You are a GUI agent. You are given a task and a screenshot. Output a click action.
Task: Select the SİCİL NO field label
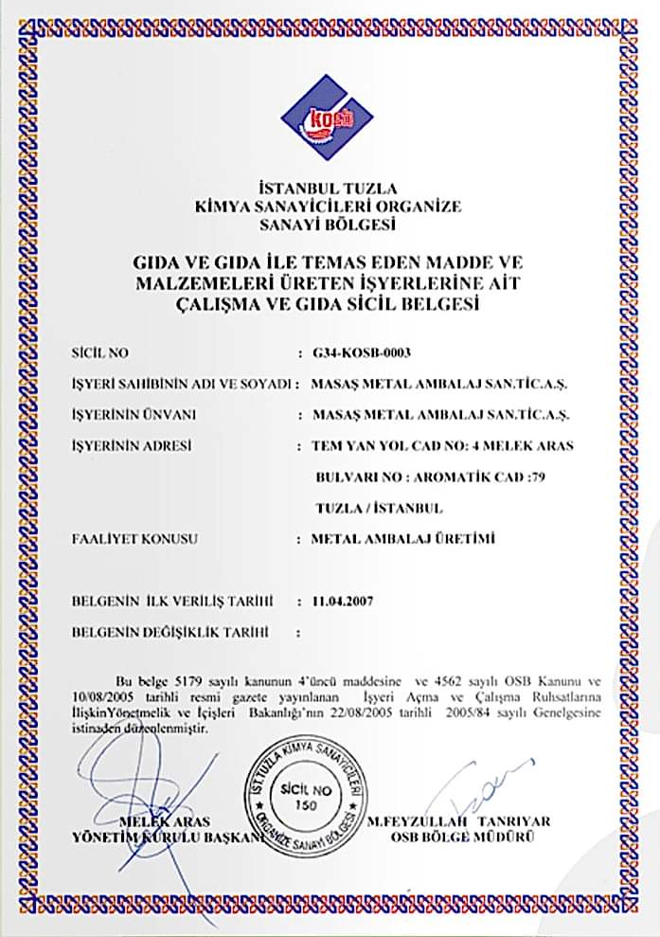click(x=99, y=353)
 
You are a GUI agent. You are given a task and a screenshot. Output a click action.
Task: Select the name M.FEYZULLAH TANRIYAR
click(x=460, y=820)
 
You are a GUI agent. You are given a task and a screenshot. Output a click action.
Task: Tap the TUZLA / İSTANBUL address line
click(x=379, y=508)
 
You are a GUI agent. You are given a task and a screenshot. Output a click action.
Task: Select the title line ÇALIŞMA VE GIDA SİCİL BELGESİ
click(x=328, y=305)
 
